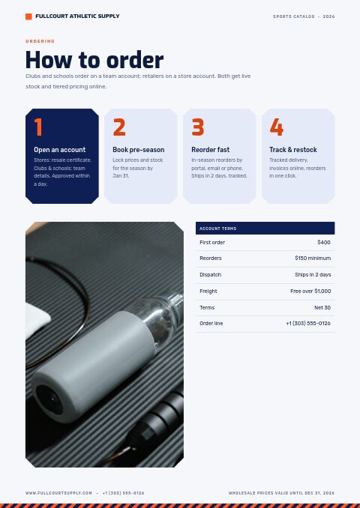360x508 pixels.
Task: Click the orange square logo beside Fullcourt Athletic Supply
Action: (28, 16)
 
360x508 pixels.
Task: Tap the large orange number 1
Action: (38, 127)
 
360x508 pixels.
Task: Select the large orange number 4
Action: (276, 127)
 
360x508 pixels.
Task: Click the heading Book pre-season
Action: (139, 150)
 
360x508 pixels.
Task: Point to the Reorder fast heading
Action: (210, 150)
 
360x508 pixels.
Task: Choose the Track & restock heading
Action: (292, 150)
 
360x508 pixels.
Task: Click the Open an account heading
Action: (60, 150)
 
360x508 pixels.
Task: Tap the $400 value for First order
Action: (324, 242)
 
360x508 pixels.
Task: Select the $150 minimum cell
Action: (313, 258)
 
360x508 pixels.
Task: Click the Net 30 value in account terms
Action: (322, 307)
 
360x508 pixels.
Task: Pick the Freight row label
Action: (208, 291)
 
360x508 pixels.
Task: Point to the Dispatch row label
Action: (210, 275)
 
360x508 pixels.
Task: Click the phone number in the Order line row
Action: (308, 324)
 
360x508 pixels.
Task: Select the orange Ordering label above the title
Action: (40, 41)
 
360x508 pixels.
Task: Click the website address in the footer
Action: (58, 493)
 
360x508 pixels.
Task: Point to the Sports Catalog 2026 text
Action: (304, 16)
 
